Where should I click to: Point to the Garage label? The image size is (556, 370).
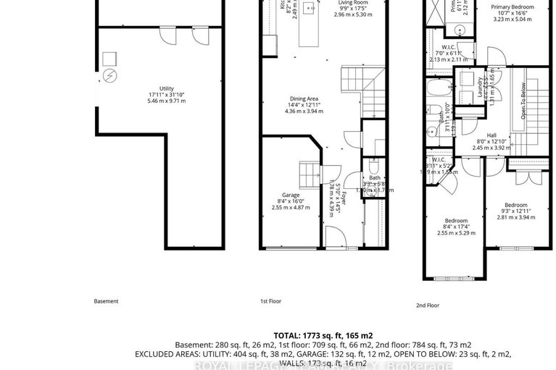tap(291, 201)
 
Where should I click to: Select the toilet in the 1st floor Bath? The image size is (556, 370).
tap(373, 162)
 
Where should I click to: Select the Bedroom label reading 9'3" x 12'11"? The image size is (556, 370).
tap(515, 210)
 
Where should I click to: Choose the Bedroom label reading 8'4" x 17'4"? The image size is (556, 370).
tap(456, 227)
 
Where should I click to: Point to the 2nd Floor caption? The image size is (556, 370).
tap(428, 306)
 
